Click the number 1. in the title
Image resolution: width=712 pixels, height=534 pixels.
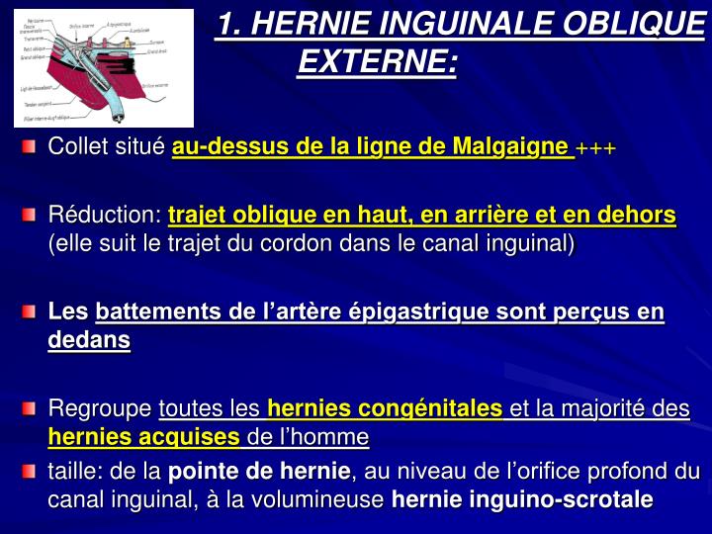click(x=230, y=24)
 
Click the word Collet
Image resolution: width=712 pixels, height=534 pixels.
click(x=79, y=148)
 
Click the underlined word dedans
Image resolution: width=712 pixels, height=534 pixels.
click(x=89, y=340)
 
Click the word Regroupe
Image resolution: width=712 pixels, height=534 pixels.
click(x=100, y=408)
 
